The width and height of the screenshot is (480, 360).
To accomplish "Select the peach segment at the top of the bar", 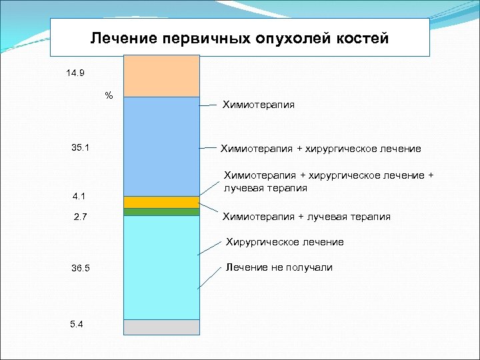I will point(161,76).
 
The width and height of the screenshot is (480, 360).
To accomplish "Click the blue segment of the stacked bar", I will point(161,146).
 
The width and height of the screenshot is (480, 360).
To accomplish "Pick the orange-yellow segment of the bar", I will point(161,202).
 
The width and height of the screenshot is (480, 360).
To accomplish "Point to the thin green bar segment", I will point(161,212).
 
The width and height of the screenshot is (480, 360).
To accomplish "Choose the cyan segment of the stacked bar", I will point(161,267).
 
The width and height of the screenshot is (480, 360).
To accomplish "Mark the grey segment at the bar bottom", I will point(161,327).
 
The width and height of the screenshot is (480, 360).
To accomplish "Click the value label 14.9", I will point(75,73).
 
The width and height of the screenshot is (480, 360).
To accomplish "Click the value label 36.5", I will point(80,268).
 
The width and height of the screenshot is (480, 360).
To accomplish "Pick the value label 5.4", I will point(77,324).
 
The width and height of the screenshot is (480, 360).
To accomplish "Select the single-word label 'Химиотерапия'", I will point(259,105).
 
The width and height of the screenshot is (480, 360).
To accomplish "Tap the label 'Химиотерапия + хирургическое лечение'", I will point(321,148).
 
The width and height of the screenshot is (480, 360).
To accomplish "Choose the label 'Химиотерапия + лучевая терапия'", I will point(306,217).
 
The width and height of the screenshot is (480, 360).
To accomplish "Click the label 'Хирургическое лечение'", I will point(285,242).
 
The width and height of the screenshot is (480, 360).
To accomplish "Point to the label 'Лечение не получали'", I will point(279,267).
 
